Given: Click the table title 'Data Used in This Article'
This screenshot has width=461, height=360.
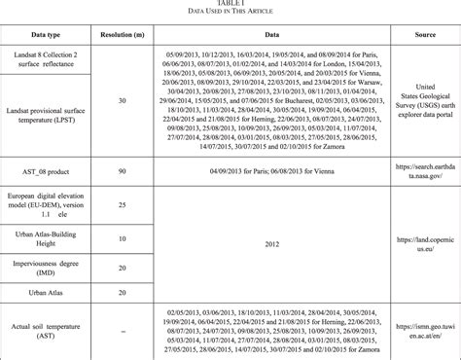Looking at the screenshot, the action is pyautogui.click(x=230, y=11).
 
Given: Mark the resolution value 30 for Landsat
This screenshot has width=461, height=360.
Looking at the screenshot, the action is pyautogui.click(x=121, y=100).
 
